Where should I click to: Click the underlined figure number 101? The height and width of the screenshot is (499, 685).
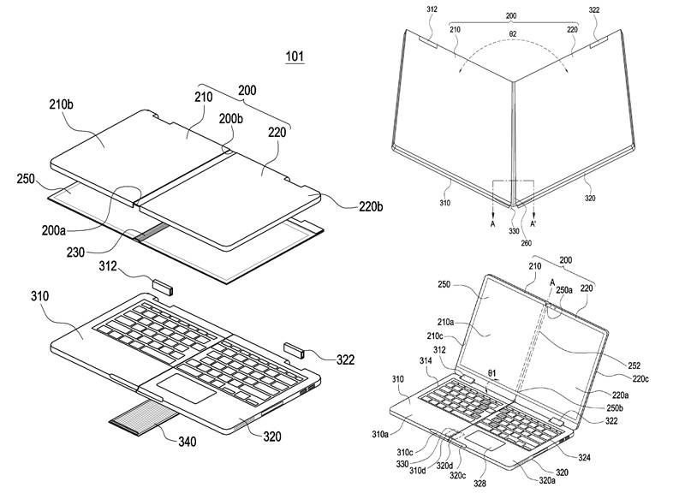(295, 56)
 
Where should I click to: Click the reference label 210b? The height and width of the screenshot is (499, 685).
(61, 104)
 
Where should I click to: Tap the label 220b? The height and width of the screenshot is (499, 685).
(371, 206)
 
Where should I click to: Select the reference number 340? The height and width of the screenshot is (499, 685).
(187, 442)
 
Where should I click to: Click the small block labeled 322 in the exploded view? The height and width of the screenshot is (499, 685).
(294, 350)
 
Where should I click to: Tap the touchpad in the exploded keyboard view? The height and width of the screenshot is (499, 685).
(186, 388)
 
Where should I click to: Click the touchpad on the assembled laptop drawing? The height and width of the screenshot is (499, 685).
(485, 440)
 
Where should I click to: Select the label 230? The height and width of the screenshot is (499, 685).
(75, 252)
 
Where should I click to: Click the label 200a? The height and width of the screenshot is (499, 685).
(54, 230)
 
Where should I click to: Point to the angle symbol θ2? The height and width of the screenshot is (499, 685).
(513, 33)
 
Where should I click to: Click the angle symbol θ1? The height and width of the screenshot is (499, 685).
(491, 374)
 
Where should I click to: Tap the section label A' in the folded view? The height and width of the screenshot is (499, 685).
(533, 224)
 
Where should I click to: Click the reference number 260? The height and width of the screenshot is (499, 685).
(527, 243)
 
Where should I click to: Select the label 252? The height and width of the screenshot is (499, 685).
(634, 365)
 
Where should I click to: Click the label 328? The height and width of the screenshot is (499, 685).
(479, 484)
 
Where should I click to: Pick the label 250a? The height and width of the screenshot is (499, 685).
(564, 289)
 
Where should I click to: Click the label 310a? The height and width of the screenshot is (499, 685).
(380, 434)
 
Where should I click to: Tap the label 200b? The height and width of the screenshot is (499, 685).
(231, 118)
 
